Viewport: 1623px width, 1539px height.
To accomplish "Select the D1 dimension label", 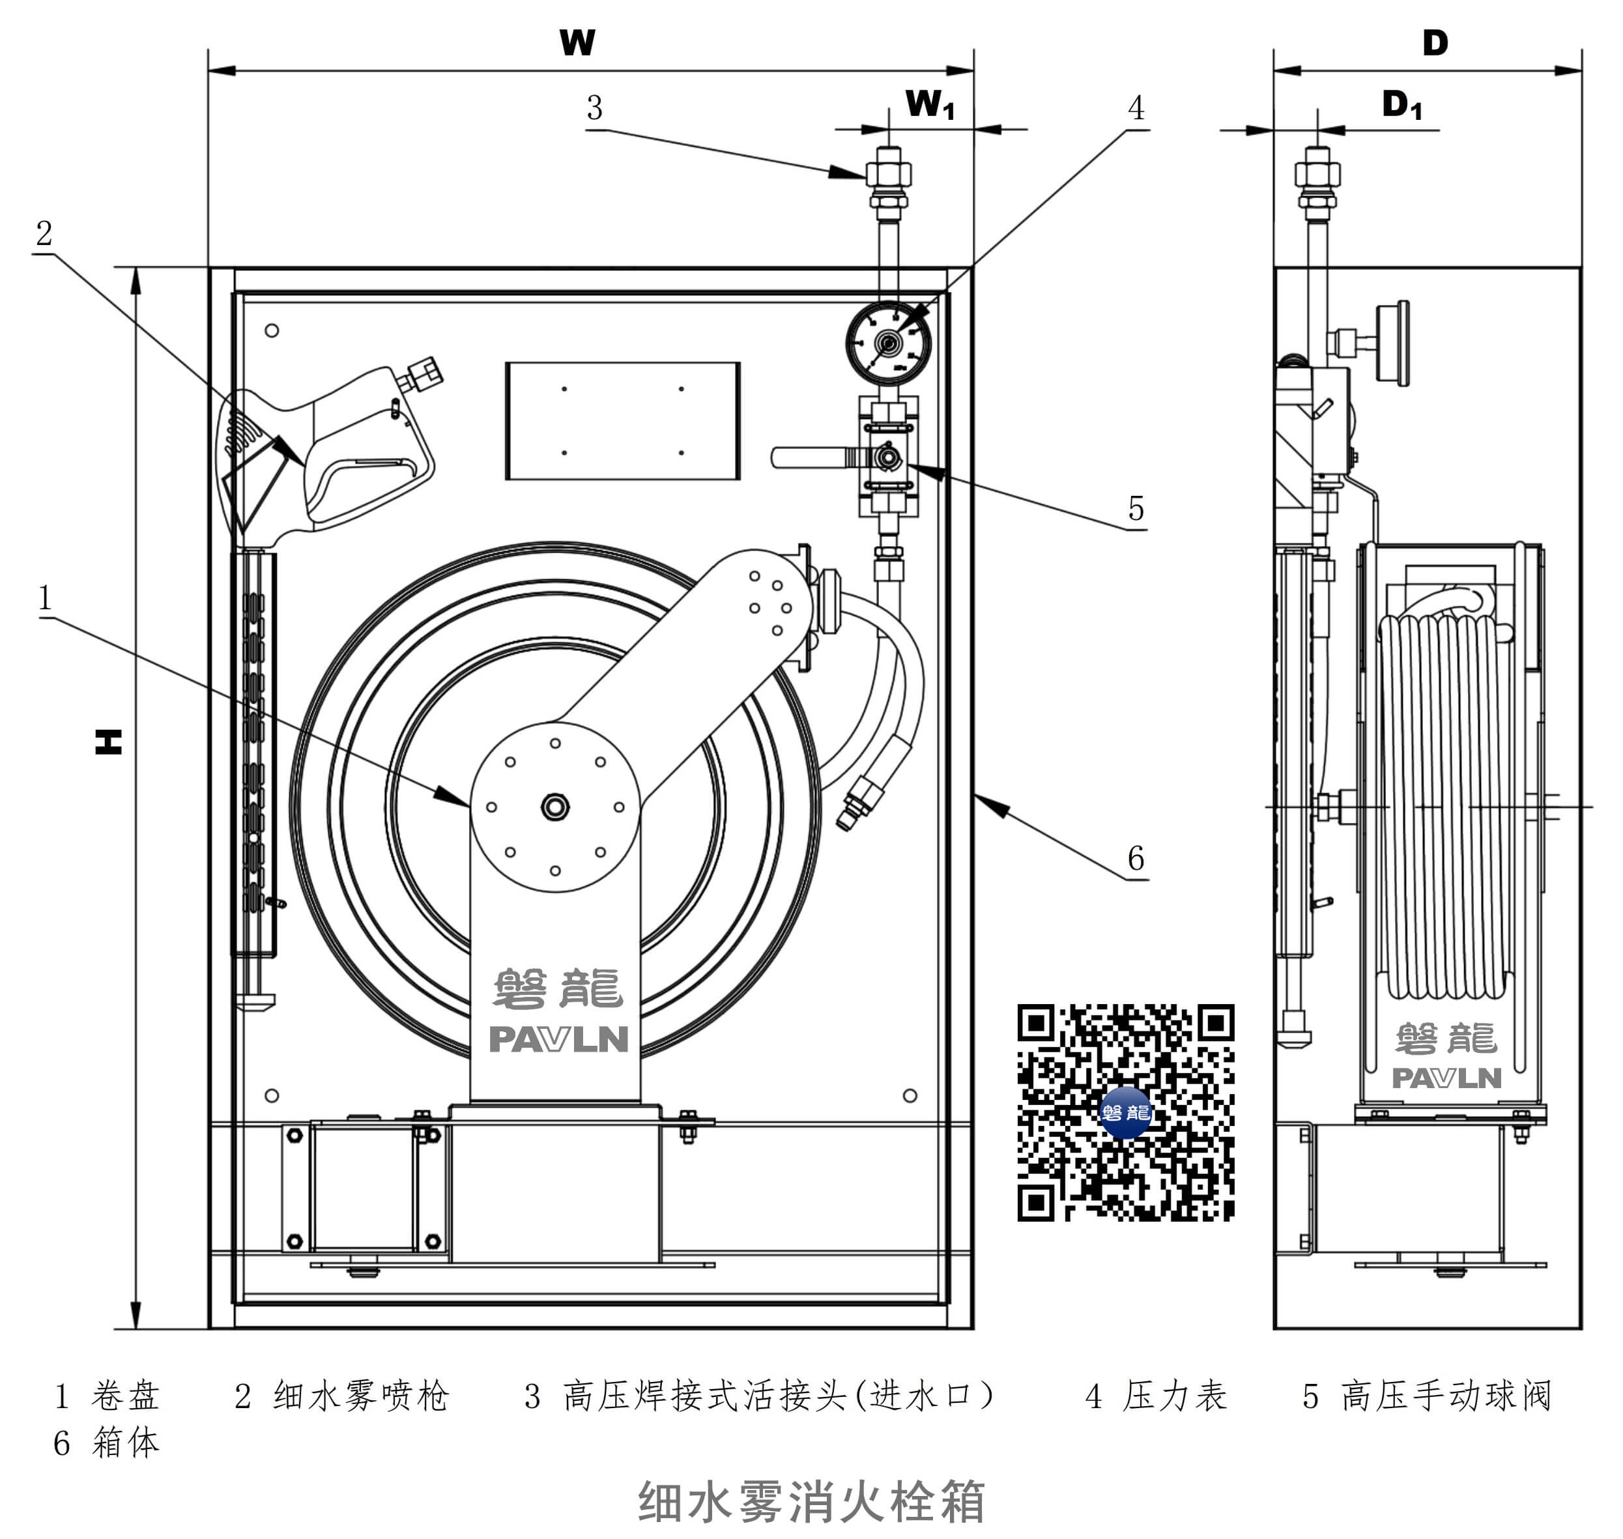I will pyautogui.click(x=1401, y=105).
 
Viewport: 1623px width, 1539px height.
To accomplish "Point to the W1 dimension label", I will pyautogui.click(x=930, y=105).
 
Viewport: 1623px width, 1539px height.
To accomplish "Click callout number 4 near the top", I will pyautogui.click(x=1136, y=108).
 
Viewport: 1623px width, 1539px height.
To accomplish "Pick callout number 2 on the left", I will pyautogui.click(x=44, y=233).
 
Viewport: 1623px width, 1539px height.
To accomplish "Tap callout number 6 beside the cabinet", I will pyautogui.click(x=1136, y=858).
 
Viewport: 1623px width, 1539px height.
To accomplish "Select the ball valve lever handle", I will pyautogui.click(x=812, y=457).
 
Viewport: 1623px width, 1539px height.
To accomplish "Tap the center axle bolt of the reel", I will pyautogui.click(x=554, y=807).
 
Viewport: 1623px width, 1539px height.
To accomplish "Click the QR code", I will pyautogui.click(x=1125, y=1112).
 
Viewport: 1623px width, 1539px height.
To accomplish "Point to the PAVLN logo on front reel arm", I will pyautogui.click(x=558, y=1039).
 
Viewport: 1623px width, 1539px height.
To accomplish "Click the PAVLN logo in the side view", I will pyautogui.click(x=1446, y=1078).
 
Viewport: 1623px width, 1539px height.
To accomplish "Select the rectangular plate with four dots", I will pyautogui.click(x=622, y=420).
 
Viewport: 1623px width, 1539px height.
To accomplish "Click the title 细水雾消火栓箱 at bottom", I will pyautogui.click(x=811, y=1502).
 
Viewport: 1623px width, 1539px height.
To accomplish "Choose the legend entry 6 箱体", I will pyautogui.click(x=107, y=1442).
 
